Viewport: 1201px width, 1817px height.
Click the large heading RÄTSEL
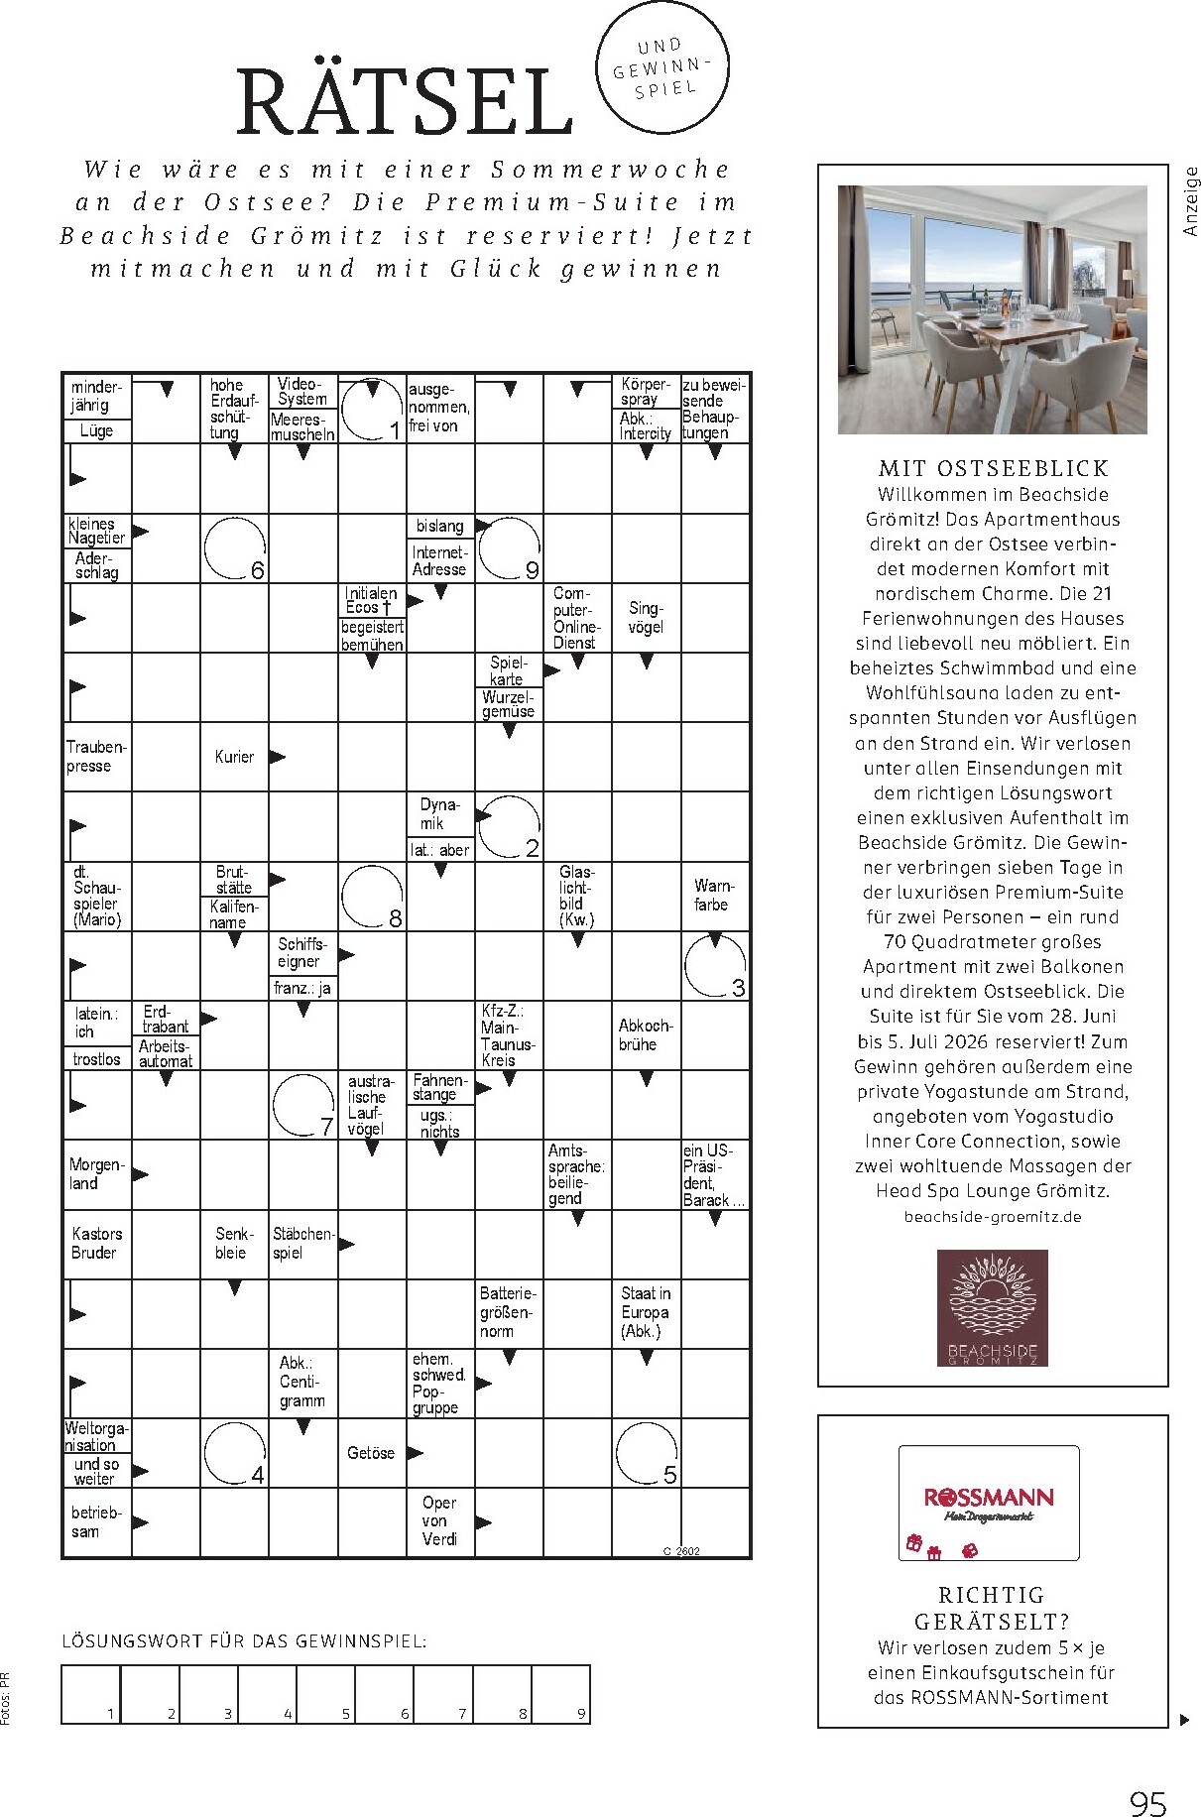[405, 101]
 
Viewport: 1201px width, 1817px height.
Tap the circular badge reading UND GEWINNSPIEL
[662, 67]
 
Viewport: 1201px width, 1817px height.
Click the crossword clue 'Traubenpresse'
[96, 757]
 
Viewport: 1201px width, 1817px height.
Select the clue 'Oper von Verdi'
[439, 1521]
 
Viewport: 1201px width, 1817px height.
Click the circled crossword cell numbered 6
[235, 547]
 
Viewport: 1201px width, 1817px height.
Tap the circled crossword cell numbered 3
[715, 965]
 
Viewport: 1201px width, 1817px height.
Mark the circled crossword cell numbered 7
[303, 1105]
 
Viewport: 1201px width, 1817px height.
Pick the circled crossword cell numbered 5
[647, 1454]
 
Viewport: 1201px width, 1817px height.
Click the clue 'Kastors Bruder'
[96, 1244]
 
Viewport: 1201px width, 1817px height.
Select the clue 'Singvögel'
[646, 617]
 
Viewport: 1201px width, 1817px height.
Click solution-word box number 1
[91, 1694]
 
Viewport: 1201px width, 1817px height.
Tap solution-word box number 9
[561, 1694]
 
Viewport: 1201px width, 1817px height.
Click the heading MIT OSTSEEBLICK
[993, 469]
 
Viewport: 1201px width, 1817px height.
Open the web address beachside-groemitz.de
[993, 1217]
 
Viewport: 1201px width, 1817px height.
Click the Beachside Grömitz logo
[993, 1307]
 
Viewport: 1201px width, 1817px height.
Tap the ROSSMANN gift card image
[989, 1504]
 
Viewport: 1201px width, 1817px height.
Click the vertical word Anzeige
[1191, 201]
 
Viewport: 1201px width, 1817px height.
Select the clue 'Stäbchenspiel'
[303, 1244]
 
